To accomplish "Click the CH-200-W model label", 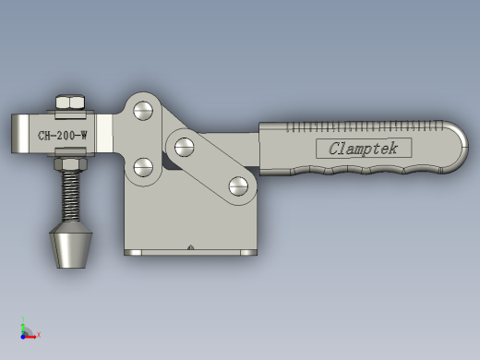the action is pyautogui.click(x=63, y=136).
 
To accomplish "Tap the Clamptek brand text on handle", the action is pyautogui.click(x=363, y=149).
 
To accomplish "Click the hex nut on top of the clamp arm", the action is pyautogui.click(x=70, y=102).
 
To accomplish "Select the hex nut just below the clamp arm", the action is pyautogui.click(x=70, y=164).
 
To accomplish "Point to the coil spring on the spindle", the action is pyautogui.click(x=71, y=197).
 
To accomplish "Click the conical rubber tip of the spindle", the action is pyautogui.click(x=71, y=246).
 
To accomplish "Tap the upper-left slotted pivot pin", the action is pyautogui.click(x=143, y=111).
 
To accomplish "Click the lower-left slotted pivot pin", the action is pyautogui.click(x=143, y=167).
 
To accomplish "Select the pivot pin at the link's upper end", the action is pyautogui.click(x=185, y=147).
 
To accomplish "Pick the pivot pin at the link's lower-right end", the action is pyautogui.click(x=238, y=186).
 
